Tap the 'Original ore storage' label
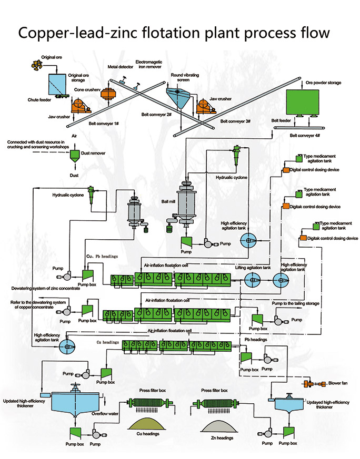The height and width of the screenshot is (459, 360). coord(79,78)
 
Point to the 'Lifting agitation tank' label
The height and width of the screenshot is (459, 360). coord(253,267)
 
